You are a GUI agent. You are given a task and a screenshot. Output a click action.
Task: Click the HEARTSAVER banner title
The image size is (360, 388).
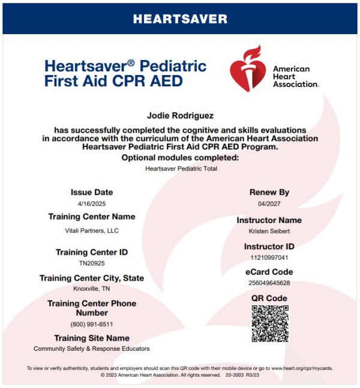180,19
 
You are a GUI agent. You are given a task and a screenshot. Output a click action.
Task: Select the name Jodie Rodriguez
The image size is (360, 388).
180,114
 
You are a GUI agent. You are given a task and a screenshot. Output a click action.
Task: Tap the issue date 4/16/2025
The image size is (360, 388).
92,204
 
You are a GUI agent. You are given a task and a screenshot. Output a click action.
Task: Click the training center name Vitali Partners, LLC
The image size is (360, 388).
92,231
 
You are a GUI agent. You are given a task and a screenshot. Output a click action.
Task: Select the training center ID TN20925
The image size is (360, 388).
92,263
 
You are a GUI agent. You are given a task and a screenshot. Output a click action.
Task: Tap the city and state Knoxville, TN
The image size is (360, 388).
92,288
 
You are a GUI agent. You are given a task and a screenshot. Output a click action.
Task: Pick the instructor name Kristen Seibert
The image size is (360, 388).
269,231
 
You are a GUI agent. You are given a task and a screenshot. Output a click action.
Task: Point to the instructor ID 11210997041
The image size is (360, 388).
269,257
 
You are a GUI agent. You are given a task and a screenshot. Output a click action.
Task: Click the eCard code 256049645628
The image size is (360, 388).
269,282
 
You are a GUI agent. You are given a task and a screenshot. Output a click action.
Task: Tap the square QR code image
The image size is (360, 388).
269,324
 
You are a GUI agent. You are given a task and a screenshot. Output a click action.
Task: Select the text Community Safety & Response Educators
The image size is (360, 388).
92,348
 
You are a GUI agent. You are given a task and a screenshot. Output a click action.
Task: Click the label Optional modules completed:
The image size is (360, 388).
180,158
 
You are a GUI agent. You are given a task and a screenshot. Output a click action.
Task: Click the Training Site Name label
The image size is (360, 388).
92,338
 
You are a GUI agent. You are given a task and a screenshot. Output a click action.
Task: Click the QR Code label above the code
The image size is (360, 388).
269,298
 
